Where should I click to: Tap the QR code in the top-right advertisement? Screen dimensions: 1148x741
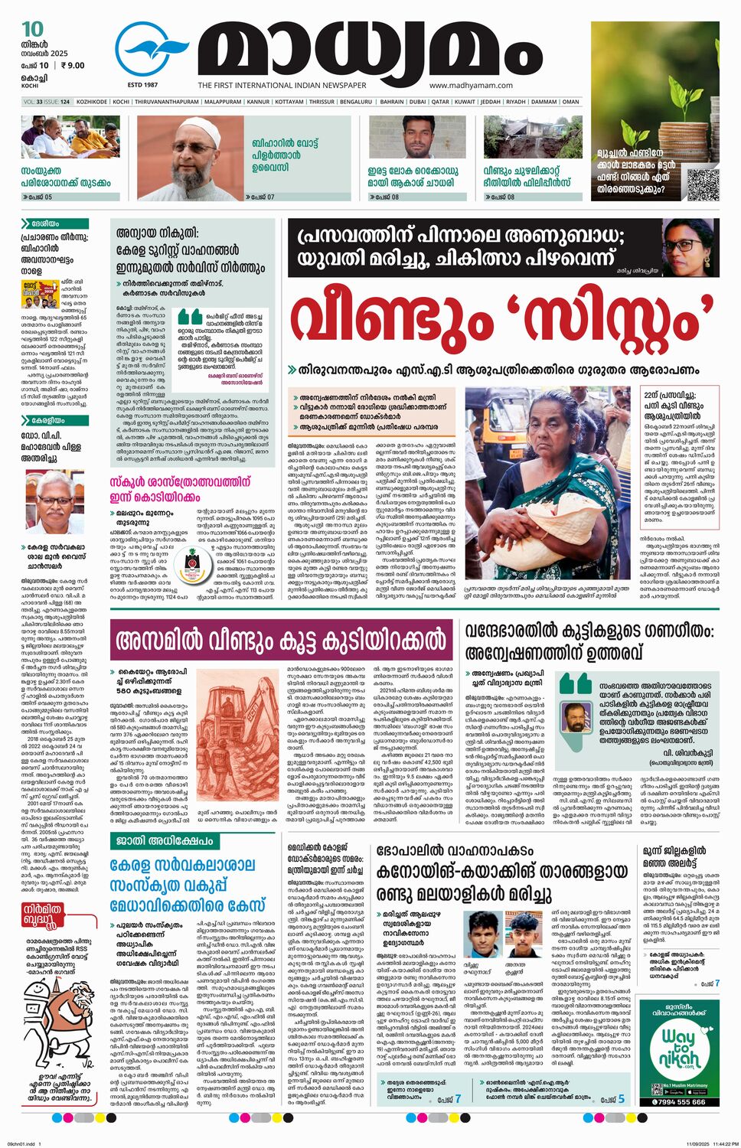[702, 184]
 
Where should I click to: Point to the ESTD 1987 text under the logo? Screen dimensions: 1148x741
[142, 84]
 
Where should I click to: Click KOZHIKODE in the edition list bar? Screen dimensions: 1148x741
[91, 101]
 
